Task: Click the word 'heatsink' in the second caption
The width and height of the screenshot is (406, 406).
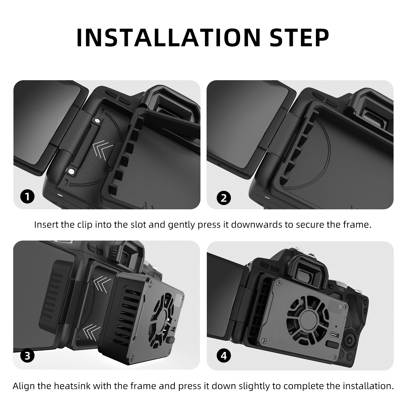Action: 73,386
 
